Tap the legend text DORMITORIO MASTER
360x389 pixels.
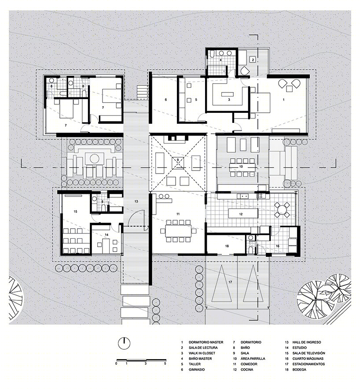pyautogui.click(x=206, y=342)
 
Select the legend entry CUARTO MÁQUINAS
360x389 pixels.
pyautogui.click(x=308, y=359)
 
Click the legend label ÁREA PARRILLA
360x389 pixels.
pyautogui.click(x=253, y=359)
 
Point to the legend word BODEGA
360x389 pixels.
pyautogui.click(x=299, y=370)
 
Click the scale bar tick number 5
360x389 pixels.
pyautogui.click(x=165, y=364)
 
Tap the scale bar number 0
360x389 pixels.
pyautogui.click(x=116, y=364)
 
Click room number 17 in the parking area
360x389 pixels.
pyautogui.click(x=230, y=282)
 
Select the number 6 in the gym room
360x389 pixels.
pyautogui.click(x=166, y=100)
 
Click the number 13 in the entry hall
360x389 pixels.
pyautogui.click(x=136, y=201)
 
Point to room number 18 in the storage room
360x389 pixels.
pyautogui.click(x=227, y=246)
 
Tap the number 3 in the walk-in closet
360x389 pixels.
pyautogui.click(x=229, y=100)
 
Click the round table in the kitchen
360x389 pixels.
pyautogui.click(x=282, y=210)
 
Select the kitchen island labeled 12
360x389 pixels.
pyautogui.click(x=243, y=214)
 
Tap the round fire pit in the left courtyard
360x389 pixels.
pyautogui.click(x=94, y=158)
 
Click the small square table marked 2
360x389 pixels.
pyautogui.click(x=253, y=59)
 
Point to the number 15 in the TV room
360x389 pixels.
pyautogui.click(x=75, y=211)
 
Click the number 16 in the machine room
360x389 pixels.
pyautogui.click(x=277, y=246)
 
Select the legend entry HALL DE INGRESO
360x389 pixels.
pyautogui.click(x=306, y=342)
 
